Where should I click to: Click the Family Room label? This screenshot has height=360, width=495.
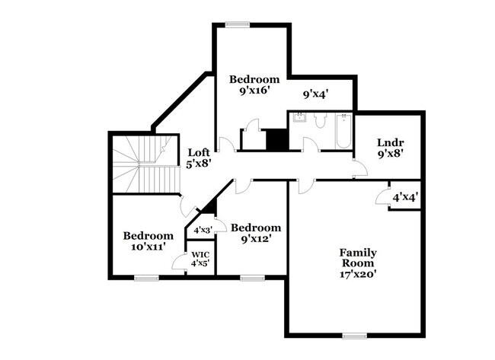pos(358,263)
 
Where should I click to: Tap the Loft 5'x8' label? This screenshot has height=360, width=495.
pos(199,157)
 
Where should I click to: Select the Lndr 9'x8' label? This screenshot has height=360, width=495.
pos(390,147)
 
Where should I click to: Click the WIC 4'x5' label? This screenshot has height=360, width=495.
pos(200,259)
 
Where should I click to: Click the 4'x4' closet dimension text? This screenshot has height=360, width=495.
pos(404,197)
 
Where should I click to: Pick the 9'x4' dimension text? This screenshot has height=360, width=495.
pos(315,95)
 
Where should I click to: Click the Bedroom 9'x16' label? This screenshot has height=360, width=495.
pos(254,84)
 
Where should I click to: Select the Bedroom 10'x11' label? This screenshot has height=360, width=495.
pos(148,241)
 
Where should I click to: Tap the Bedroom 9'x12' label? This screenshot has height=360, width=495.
pos(256,233)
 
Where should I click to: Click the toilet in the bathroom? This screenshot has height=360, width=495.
pos(321,120)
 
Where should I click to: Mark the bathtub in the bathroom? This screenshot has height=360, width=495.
pos(343,131)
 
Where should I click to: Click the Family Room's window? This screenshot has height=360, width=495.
pos(353,336)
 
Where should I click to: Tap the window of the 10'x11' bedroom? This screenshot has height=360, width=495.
pos(146,278)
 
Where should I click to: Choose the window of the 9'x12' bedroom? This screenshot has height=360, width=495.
pos(251,278)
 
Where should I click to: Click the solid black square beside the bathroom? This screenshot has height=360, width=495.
pos(276,140)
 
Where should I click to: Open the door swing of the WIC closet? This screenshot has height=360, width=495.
pos(179,261)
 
